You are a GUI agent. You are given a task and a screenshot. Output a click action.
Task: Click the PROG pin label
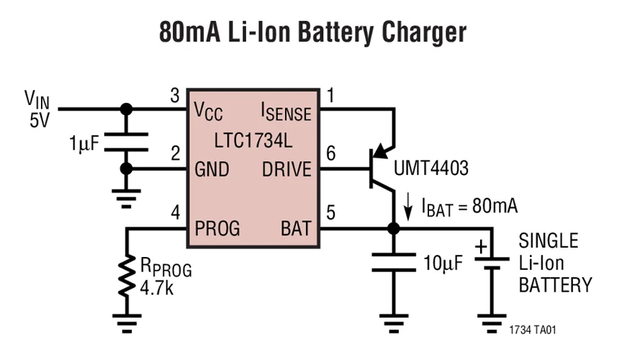click(x=217, y=230)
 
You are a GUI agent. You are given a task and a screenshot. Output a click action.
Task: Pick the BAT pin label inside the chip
click(x=295, y=230)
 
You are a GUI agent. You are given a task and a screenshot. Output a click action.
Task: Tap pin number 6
click(x=330, y=154)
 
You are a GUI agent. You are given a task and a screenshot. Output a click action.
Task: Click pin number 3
click(x=174, y=95)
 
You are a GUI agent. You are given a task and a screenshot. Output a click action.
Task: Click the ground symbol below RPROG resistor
click(x=127, y=320)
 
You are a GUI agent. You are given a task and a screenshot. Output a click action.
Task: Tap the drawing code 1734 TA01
click(x=532, y=330)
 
